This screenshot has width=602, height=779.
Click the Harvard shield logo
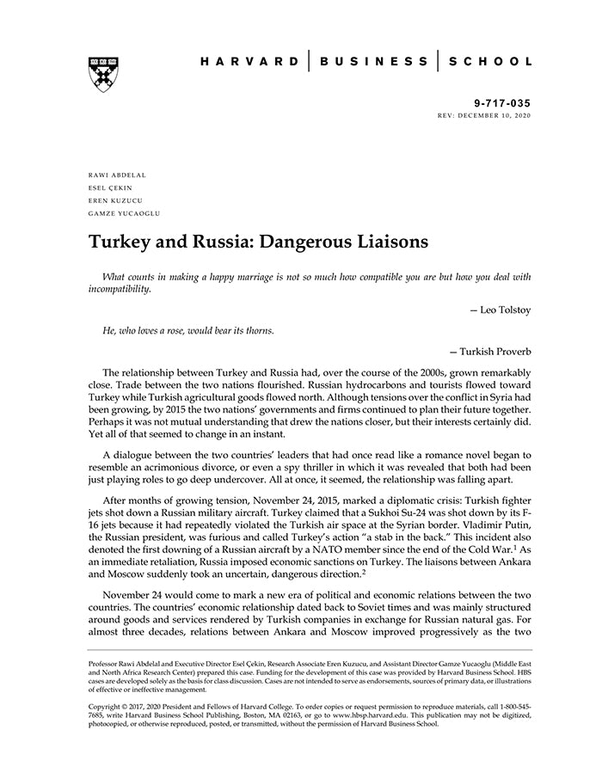(102, 74)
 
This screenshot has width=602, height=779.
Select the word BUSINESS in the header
(373, 61)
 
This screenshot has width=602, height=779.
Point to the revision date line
(484, 114)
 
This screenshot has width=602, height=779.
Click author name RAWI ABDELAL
(117, 175)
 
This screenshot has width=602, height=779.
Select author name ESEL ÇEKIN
(110, 187)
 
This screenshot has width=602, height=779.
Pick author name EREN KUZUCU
(114, 199)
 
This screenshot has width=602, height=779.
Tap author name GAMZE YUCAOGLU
(124, 212)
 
